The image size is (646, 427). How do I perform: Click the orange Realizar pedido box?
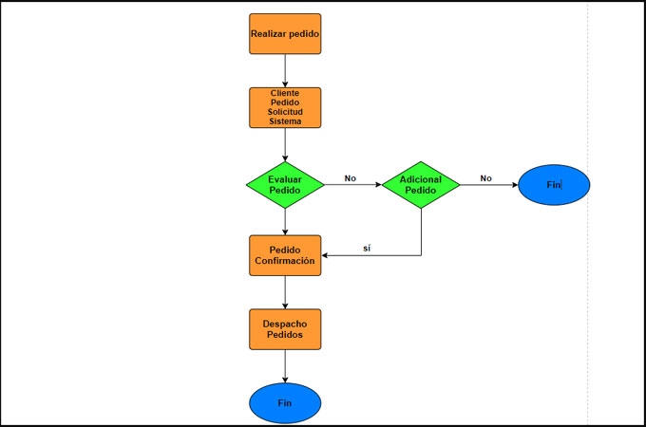(x=285, y=34)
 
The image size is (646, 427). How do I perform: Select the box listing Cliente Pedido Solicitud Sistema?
(x=285, y=107)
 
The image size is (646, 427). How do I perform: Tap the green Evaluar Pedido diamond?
(x=285, y=184)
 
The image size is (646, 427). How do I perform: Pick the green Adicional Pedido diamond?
(x=421, y=184)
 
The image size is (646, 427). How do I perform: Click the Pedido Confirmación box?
(x=285, y=255)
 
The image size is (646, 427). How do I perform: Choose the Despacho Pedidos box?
(x=285, y=329)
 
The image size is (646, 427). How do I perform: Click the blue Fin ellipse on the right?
(x=555, y=184)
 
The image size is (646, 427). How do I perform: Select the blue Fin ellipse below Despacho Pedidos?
(x=285, y=402)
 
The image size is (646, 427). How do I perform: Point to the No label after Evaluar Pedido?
(x=351, y=177)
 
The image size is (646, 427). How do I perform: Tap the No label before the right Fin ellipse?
(x=485, y=177)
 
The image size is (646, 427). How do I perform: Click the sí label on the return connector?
(x=367, y=249)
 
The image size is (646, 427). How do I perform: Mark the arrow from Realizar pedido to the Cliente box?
(x=285, y=71)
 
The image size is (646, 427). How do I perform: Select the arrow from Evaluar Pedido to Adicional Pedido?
(x=352, y=184)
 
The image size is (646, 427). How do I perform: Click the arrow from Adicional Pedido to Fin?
(x=489, y=184)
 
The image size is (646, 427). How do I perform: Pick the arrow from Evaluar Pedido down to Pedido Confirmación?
(x=285, y=221)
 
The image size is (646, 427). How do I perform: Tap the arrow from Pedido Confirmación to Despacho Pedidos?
(x=285, y=292)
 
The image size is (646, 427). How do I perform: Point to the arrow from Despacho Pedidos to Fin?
(x=285, y=366)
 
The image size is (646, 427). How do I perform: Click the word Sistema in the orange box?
(x=285, y=121)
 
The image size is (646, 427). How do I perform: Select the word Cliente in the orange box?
(x=285, y=94)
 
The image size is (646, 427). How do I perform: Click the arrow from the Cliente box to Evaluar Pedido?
(x=285, y=143)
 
